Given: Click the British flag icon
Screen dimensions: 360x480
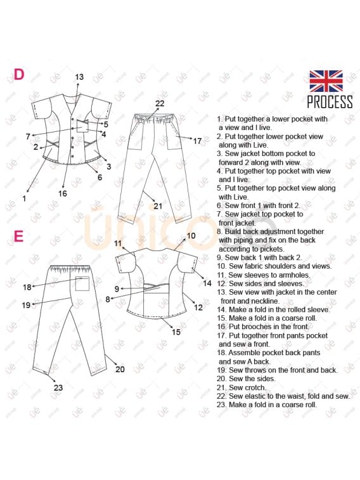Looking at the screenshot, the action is coord(326,81).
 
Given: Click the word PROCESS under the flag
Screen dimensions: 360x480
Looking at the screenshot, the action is coord(330,101).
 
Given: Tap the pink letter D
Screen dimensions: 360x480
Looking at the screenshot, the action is coord(18,74).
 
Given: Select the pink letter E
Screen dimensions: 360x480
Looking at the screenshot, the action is coord(18,237).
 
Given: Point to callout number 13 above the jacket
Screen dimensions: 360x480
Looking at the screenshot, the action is coord(79,77).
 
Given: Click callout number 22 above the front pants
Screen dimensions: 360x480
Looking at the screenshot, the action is coord(160,103).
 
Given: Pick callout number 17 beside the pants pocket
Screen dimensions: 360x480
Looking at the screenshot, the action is coord(197,141).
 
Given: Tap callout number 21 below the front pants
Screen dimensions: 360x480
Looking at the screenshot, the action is coord(158,205).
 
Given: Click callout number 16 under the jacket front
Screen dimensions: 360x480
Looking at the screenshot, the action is coord(62,193).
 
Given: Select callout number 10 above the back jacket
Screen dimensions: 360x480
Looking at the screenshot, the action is coord(191,236).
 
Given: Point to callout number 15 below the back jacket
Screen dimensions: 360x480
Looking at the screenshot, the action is coord(176,332).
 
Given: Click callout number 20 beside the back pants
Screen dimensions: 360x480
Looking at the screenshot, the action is coord(120,369).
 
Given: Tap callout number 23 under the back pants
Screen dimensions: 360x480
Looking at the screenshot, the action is coord(58,387).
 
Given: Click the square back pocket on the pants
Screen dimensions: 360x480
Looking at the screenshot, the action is coord(82,284).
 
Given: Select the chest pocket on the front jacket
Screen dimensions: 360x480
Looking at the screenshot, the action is coord(82,126).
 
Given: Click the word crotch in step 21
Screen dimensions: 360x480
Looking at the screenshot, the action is coord(255,387).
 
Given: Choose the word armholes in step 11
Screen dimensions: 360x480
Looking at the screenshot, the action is coord(294,275).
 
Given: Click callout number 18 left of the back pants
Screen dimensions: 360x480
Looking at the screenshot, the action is coord(27,287).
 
